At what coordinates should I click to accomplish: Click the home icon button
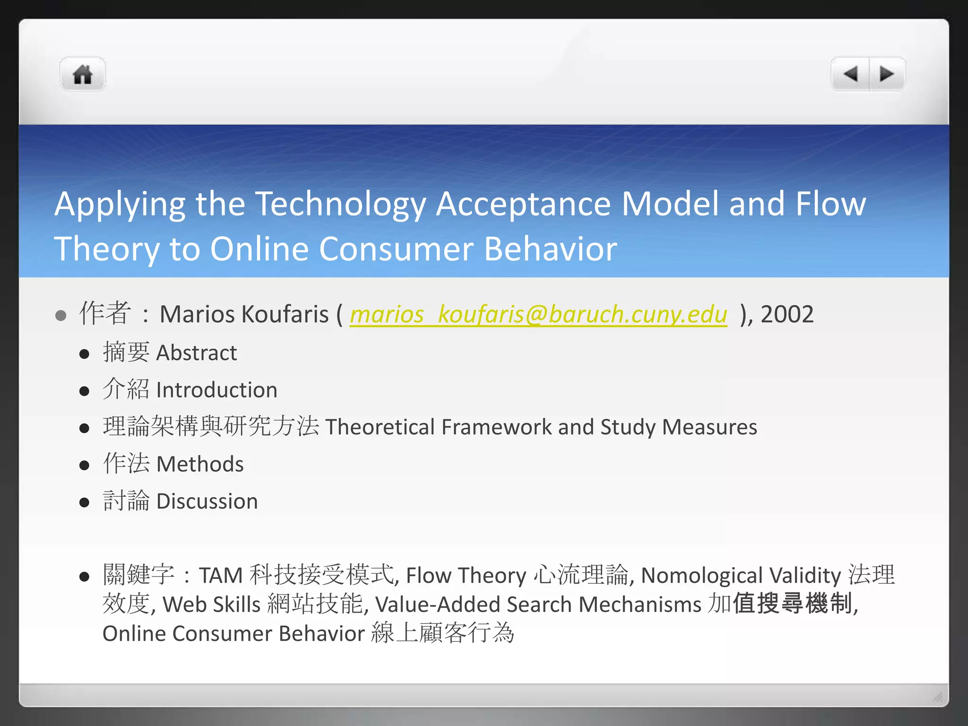83,75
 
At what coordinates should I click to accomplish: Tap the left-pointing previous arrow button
850,74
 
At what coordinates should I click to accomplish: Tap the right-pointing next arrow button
887,74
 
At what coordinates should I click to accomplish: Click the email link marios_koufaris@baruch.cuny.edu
538,315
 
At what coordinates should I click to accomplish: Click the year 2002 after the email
787,314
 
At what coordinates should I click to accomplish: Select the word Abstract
197,353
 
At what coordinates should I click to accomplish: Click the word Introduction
216,390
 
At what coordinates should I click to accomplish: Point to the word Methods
200,464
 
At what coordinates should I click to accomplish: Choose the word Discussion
207,501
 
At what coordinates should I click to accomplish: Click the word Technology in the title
340,204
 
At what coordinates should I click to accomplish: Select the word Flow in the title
830,204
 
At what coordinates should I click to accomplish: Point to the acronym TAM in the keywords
221,576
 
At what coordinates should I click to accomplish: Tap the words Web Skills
211,605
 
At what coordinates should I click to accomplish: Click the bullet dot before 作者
60,315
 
